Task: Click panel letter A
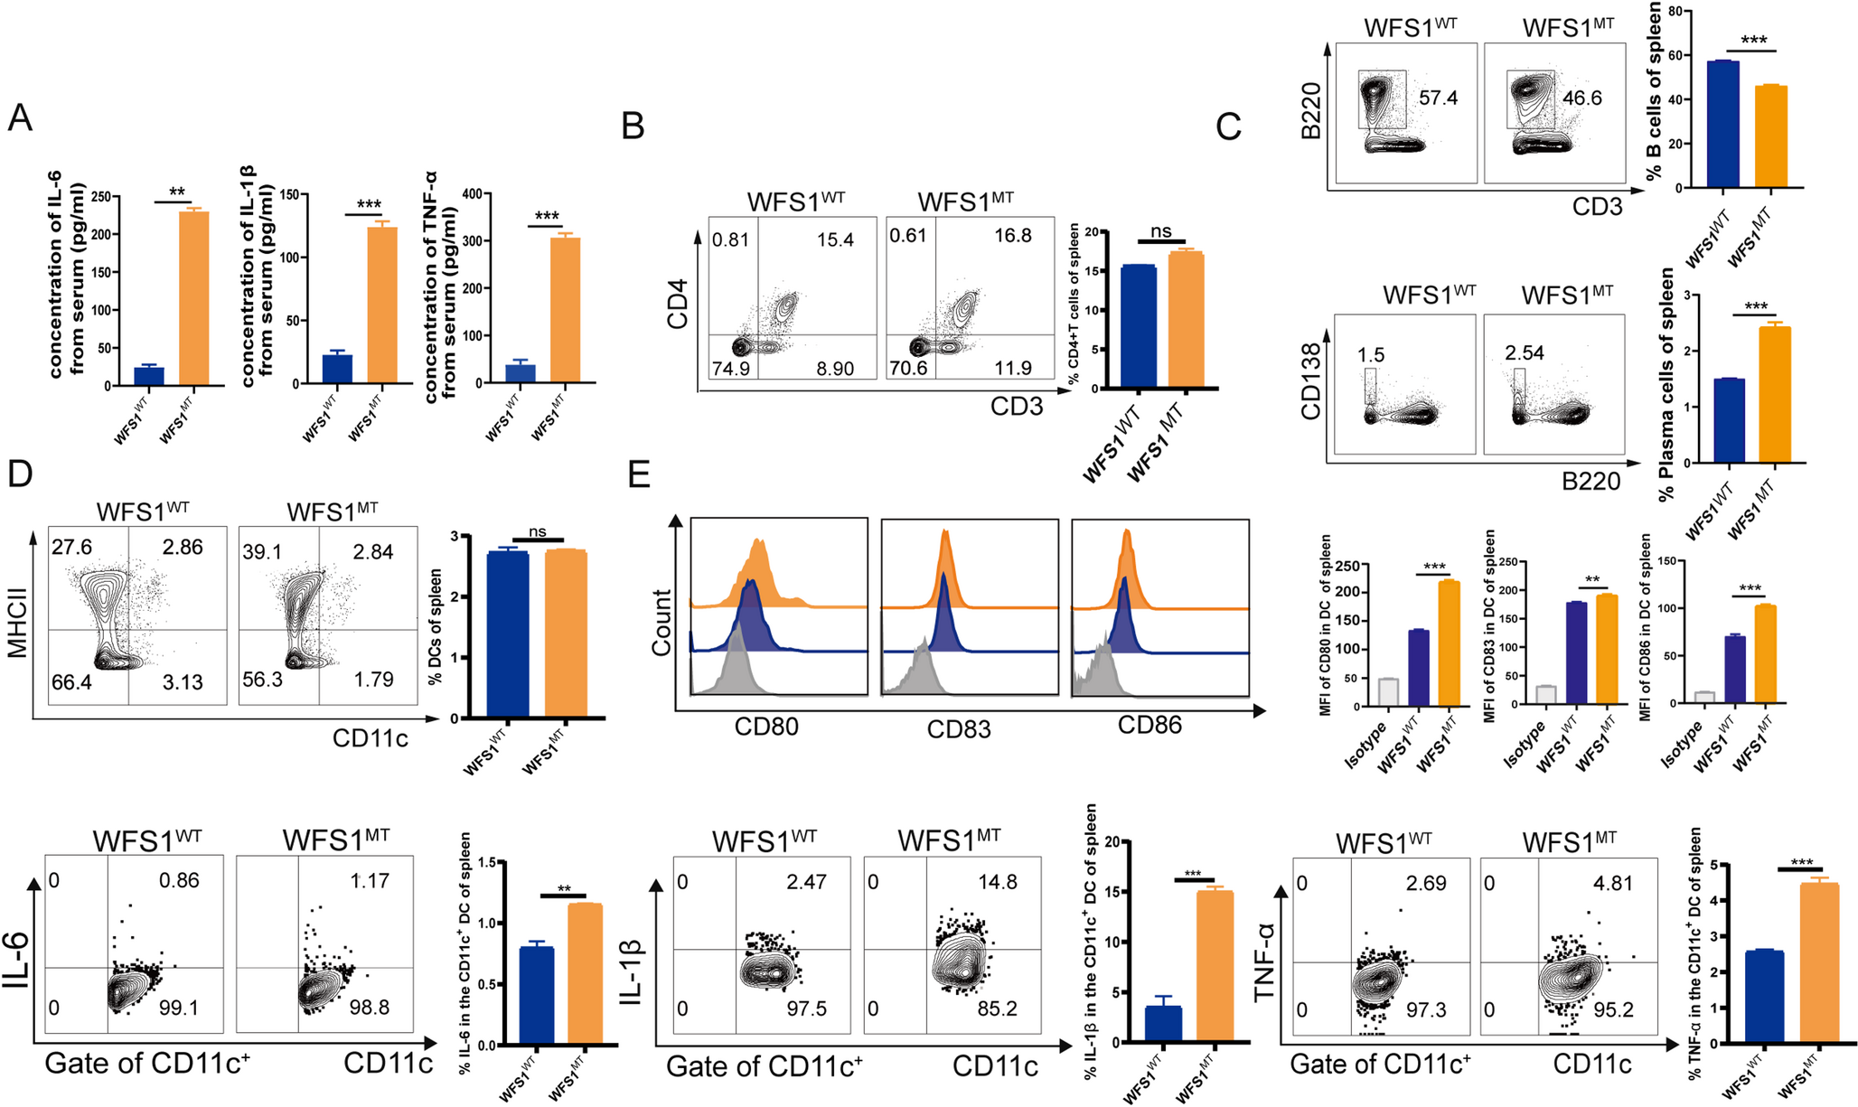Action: [x=19, y=118]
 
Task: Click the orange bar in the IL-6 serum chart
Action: [x=193, y=298]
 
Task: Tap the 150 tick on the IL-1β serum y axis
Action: [x=289, y=194]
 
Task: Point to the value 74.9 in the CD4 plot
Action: [x=731, y=368]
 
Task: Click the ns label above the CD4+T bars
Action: [x=1160, y=231]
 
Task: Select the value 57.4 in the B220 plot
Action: [x=1438, y=98]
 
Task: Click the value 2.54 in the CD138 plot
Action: [x=1525, y=353]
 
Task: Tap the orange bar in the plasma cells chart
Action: [x=1775, y=395]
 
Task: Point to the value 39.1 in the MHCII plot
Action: [x=261, y=551]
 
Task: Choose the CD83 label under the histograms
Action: [x=959, y=728]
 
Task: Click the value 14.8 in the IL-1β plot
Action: [x=998, y=881]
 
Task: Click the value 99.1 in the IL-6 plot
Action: [x=179, y=1008]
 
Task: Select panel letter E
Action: [x=639, y=474]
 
